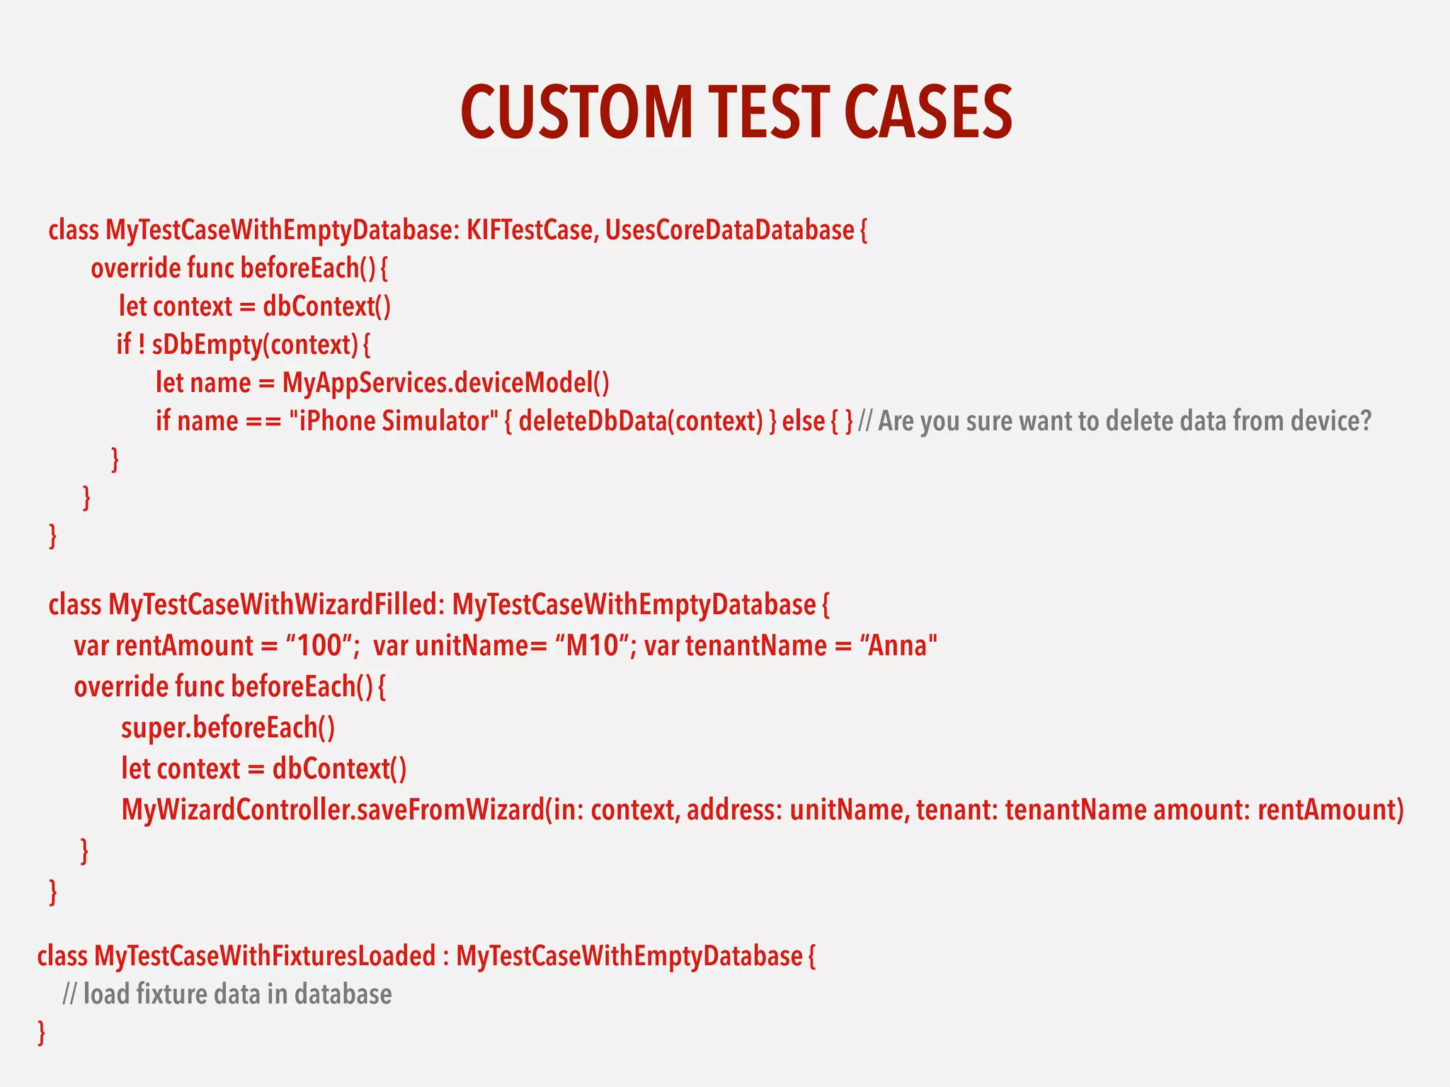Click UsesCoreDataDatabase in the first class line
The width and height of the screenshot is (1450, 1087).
click(729, 231)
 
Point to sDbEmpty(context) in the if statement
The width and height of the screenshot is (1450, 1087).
click(255, 345)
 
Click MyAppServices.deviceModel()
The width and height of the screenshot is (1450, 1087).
click(445, 383)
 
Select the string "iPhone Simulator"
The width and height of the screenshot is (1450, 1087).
click(394, 421)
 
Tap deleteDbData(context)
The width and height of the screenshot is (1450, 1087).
click(641, 421)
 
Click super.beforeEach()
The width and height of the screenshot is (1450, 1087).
click(228, 727)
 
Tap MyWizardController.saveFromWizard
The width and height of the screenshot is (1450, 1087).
click(333, 810)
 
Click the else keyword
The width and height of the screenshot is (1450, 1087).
click(803, 421)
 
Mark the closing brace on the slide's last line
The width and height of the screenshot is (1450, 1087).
click(42, 1033)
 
